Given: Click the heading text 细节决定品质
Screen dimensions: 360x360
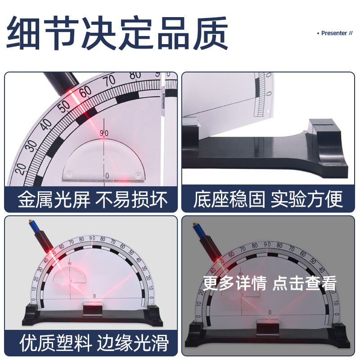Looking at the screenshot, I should point(118,34).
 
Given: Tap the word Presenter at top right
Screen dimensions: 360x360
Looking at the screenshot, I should point(334,33).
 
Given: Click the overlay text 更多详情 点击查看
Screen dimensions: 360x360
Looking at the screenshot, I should point(270,283).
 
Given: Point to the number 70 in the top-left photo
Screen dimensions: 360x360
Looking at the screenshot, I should point(109,81).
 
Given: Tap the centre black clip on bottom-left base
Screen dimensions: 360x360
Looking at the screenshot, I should point(94,309).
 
